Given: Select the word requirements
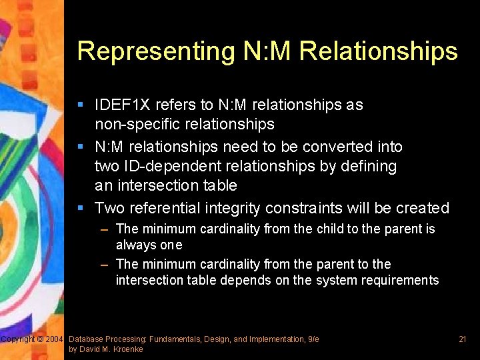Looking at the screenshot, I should (401, 280).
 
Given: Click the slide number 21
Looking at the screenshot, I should (462, 339).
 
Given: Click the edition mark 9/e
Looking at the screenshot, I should (313, 339).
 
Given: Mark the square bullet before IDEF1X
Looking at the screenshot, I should (80, 105).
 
